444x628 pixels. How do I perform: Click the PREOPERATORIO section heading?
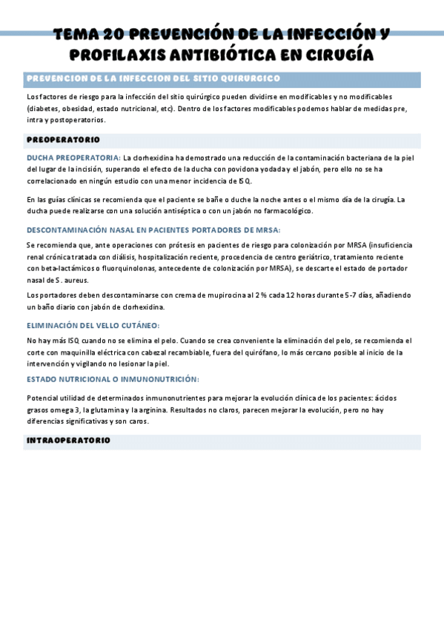point(63,139)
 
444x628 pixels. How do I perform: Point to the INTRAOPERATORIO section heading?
point(68,441)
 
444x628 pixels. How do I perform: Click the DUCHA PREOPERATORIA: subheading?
point(73,158)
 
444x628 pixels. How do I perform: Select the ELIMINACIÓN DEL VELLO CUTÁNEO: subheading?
point(93,325)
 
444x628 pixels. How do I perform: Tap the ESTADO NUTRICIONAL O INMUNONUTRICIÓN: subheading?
point(113,378)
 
